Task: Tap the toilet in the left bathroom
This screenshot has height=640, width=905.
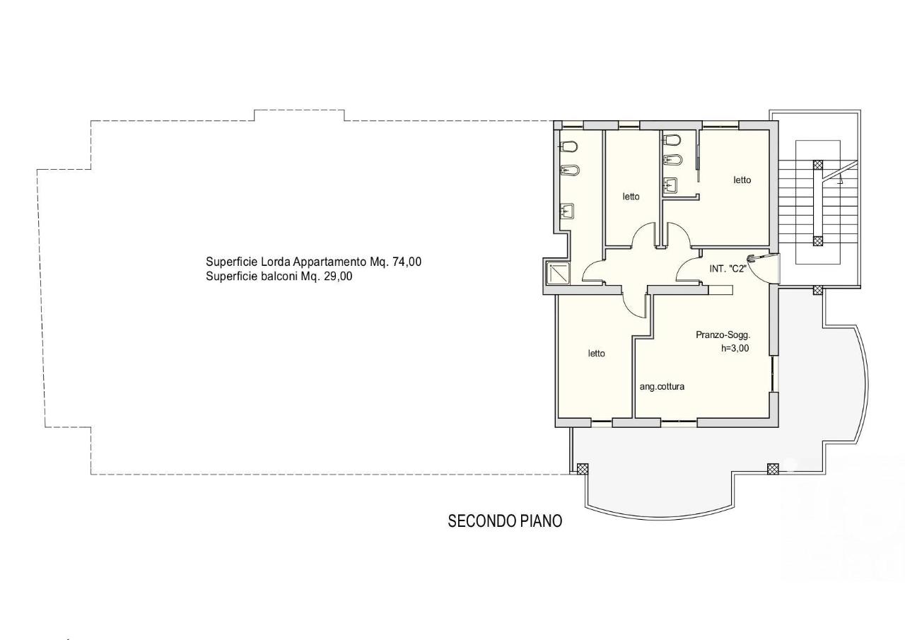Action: tap(569, 146)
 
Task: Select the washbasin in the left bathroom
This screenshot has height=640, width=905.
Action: tap(567, 211)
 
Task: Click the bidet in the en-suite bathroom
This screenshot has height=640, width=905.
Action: tap(672, 160)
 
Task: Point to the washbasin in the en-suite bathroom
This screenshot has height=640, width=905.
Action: tap(671, 185)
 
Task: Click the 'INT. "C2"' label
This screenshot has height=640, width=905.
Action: tap(728, 269)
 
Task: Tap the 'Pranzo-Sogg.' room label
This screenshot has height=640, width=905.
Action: tap(723, 335)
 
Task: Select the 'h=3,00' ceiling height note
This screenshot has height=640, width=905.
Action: tap(735, 348)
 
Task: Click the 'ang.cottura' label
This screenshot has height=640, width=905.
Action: tap(662, 387)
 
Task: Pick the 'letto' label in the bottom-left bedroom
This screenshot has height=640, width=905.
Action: tap(596, 354)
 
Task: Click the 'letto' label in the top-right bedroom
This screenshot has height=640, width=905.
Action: tap(742, 180)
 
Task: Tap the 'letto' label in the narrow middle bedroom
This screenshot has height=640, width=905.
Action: tap(631, 197)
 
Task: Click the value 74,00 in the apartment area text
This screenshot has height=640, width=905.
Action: tap(407, 262)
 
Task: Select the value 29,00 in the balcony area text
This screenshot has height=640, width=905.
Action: tap(338, 277)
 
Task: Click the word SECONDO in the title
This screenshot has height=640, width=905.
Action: tap(481, 521)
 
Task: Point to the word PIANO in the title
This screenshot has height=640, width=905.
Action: tap(541, 521)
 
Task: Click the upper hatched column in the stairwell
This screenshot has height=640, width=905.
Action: tap(818, 165)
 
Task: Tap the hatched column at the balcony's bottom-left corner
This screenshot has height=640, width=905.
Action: tap(583, 469)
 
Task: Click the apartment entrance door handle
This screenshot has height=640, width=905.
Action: tap(752, 257)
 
